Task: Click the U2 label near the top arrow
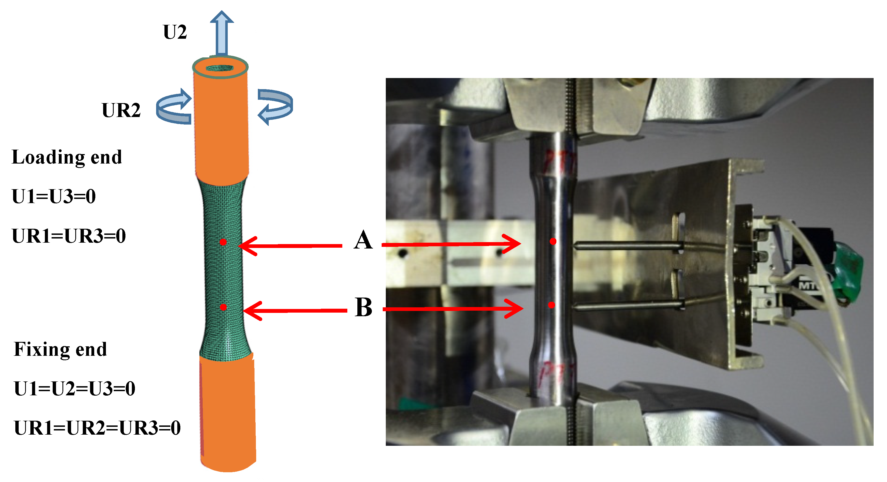click(x=175, y=32)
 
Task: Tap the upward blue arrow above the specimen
click(x=222, y=33)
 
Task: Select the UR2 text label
click(x=121, y=110)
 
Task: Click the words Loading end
click(x=67, y=157)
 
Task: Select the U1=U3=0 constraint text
click(x=54, y=196)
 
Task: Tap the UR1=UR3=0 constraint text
click(x=69, y=236)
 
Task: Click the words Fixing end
click(x=60, y=349)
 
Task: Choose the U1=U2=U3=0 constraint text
click(x=74, y=388)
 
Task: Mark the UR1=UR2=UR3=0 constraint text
click(x=97, y=428)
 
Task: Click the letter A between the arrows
click(x=363, y=240)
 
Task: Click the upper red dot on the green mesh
click(x=223, y=242)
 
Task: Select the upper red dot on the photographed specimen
click(x=553, y=242)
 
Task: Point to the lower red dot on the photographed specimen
click(x=552, y=305)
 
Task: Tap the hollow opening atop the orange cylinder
click(x=220, y=68)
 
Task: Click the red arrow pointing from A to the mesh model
click(x=291, y=246)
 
